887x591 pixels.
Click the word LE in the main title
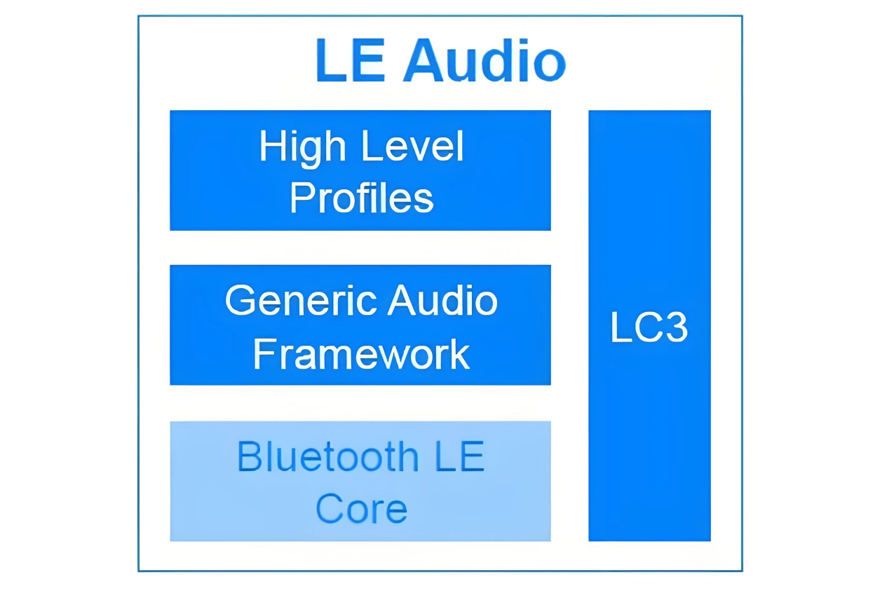[x=351, y=60]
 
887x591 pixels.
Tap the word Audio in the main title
[x=485, y=60]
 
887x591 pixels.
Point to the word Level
[x=412, y=146]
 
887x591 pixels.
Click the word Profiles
[x=362, y=198]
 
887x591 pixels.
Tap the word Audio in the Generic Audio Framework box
[x=442, y=301]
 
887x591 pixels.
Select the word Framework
[x=362, y=353]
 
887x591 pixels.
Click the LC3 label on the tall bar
[x=649, y=327]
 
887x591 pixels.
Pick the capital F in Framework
[x=264, y=353]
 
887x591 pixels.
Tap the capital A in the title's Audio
[x=423, y=60]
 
